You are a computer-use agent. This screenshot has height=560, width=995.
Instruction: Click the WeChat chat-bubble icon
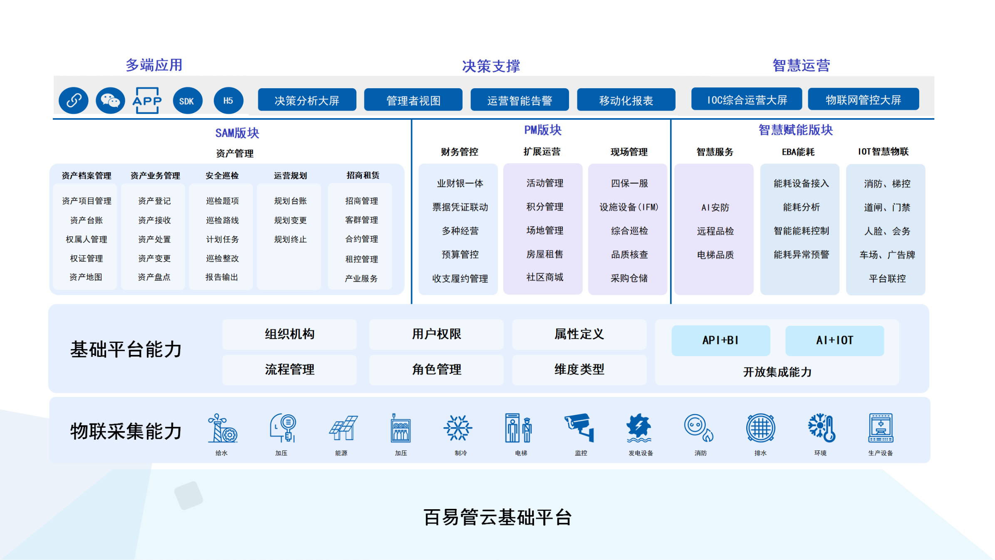[110, 101]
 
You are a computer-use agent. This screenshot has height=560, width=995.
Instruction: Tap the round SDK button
[187, 101]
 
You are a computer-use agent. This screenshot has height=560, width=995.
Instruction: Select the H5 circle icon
[228, 101]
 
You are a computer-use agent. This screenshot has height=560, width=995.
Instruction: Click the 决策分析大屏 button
[307, 100]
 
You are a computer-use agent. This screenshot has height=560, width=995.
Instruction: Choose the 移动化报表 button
[626, 100]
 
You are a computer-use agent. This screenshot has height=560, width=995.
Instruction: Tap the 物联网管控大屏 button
[864, 99]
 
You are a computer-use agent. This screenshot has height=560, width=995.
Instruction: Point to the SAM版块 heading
[237, 133]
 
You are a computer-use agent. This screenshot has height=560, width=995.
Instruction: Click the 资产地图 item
[86, 277]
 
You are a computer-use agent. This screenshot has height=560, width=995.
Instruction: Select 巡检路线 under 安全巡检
[223, 220]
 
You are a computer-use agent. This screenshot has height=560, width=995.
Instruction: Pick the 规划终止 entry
[290, 239]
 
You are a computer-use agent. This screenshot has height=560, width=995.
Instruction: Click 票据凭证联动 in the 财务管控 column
[460, 207]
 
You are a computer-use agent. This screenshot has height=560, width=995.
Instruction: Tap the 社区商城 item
[545, 277]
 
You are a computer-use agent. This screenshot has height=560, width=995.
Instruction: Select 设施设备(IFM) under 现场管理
[629, 207]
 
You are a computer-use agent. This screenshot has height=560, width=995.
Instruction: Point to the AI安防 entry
[715, 208]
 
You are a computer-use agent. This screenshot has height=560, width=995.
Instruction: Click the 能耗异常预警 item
[801, 255]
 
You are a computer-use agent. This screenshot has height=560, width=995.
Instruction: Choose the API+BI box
[721, 340]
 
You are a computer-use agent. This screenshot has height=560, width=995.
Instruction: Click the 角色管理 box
[436, 369]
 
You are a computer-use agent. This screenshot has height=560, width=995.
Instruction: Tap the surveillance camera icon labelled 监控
[579, 427]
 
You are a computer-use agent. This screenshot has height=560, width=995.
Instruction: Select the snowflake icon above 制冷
[458, 428]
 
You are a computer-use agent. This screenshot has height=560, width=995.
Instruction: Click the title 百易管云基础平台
[497, 517]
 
